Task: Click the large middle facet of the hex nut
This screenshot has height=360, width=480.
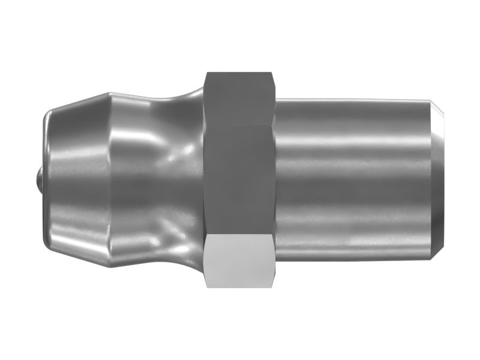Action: [240, 180]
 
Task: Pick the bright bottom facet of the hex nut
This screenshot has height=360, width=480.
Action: [240, 261]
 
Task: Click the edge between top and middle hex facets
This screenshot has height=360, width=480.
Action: [240, 126]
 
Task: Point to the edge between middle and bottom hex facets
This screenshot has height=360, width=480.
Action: [240, 235]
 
